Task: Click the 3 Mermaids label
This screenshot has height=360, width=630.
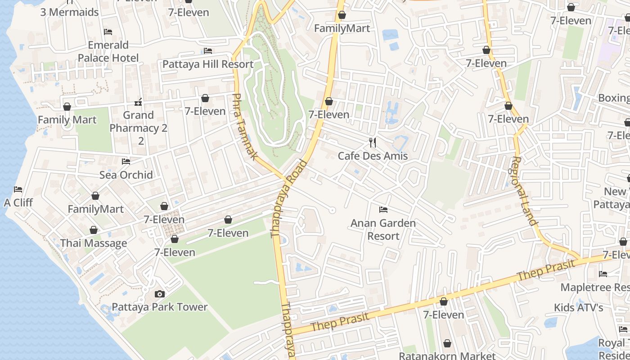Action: click(x=69, y=12)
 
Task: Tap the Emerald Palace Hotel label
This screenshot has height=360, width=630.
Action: click(x=108, y=51)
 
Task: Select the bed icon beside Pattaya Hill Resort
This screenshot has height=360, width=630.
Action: click(x=208, y=51)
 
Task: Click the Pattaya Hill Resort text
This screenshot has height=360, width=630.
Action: click(x=208, y=64)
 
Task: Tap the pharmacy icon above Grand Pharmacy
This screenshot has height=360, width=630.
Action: click(x=138, y=102)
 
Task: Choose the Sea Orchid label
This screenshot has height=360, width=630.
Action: click(x=126, y=175)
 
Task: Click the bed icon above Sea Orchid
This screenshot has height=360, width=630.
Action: click(x=126, y=161)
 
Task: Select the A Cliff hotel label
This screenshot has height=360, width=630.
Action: click(x=18, y=202)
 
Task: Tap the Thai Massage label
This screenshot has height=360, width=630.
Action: click(x=94, y=243)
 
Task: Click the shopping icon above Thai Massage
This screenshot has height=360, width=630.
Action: click(x=94, y=230)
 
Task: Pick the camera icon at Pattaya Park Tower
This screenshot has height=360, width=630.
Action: click(x=159, y=294)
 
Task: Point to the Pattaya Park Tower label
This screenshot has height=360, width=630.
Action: click(x=159, y=307)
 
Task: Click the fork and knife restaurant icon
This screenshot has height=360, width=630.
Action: click(x=373, y=143)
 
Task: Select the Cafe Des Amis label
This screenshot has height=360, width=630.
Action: click(x=373, y=156)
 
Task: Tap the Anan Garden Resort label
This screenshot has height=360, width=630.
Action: click(x=383, y=229)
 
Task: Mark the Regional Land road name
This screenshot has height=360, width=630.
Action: click(x=522, y=191)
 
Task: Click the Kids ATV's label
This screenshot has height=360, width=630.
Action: click(x=578, y=307)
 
